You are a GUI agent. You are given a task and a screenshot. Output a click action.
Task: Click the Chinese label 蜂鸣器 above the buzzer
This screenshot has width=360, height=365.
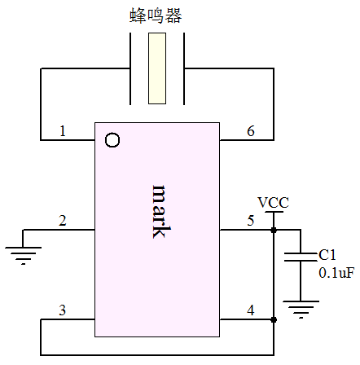pyautogui.click(x=156, y=15)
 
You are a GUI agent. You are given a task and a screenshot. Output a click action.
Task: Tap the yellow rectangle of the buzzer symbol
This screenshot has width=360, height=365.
pyautogui.click(x=157, y=68)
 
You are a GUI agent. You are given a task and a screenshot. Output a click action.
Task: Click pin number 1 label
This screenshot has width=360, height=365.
pyautogui.click(x=63, y=131)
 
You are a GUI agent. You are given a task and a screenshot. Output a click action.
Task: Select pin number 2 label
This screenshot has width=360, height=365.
pyautogui.click(x=63, y=221)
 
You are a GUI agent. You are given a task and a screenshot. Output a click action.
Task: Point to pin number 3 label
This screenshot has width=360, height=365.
pyautogui.click(x=63, y=310)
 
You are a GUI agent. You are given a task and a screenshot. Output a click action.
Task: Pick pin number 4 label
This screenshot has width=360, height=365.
pyautogui.click(x=251, y=310)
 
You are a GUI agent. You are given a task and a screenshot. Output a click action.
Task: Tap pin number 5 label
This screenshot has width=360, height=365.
pyautogui.click(x=251, y=221)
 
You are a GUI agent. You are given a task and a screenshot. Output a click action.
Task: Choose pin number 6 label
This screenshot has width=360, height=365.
pyautogui.click(x=251, y=131)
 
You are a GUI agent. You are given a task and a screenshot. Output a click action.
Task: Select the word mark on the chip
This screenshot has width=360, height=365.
pyautogui.click(x=161, y=212)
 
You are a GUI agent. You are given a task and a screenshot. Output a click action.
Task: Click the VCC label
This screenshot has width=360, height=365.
pyautogui.click(x=273, y=203)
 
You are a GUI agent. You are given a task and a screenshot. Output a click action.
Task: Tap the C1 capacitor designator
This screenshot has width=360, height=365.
pyautogui.click(x=327, y=255)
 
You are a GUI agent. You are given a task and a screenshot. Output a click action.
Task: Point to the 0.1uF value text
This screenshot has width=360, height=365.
pyautogui.click(x=336, y=273)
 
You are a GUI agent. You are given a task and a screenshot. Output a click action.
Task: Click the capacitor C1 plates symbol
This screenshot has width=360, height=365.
pyautogui.click(x=301, y=257)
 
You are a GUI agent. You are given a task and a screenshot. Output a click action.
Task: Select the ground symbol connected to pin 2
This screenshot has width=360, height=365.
pyautogui.click(x=23, y=255)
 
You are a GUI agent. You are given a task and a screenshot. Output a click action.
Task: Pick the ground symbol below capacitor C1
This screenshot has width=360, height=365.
pyautogui.click(x=301, y=309)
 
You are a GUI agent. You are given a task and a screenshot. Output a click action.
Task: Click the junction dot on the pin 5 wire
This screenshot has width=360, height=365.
pyautogui.click(x=274, y=230)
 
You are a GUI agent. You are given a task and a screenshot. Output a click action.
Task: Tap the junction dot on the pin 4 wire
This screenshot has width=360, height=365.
pyautogui.click(x=274, y=319)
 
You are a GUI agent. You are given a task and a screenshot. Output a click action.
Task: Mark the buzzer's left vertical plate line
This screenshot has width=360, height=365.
pyautogui.click(x=130, y=68)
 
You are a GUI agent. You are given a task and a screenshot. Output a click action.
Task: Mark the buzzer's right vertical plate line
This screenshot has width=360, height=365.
pyautogui.click(x=184, y=68)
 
